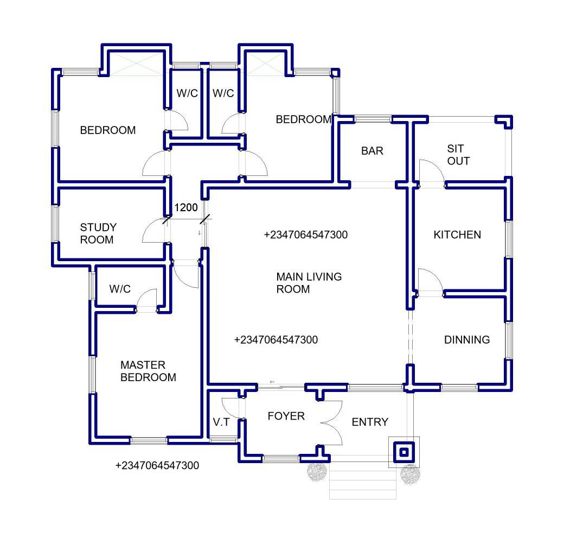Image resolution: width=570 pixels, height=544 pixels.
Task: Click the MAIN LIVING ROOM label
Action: tap(309, 283)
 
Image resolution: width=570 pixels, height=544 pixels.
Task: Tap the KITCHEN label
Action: tap(457, 235)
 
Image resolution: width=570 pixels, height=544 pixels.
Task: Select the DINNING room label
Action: tap(467, 340)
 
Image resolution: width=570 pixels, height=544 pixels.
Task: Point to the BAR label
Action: tap(372, 150)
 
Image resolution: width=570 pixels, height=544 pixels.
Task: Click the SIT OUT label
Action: tap(458, 155)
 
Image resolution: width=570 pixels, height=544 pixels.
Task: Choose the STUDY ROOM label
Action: tap(98, 233)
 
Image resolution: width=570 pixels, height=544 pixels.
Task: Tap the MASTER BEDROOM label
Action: tap(148, 371)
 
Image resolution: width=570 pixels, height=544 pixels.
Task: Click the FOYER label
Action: tap(286, 416)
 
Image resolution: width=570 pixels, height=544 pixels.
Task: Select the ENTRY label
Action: tap(370, 422)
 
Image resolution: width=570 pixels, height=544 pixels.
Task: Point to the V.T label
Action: tap(221, 422)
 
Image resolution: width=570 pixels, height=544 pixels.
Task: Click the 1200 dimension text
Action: tap(186, 207)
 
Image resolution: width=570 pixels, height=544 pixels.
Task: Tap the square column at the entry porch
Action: tap(404, 452)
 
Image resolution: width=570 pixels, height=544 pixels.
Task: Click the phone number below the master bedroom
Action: tap(157, 465)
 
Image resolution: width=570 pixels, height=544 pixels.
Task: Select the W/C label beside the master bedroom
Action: tap(120, 289)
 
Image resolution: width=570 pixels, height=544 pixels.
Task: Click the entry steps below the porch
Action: tap(363, 480)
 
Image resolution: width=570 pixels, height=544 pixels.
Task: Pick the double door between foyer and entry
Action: tap(331, 423)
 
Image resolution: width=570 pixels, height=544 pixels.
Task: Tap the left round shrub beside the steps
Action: tap(317, 472)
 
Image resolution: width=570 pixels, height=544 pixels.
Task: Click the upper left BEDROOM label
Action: tap(107, 130)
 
